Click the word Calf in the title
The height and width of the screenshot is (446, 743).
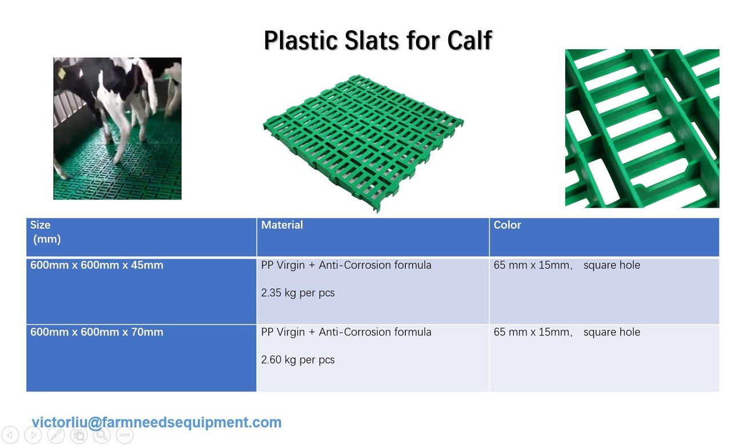click(469, 41)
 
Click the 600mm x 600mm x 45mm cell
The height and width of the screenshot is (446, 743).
click(141, 291)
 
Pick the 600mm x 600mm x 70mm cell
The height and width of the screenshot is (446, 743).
click(141, 358)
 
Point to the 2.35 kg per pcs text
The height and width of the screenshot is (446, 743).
click(298, 293)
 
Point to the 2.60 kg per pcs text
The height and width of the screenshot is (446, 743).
click(298, 360)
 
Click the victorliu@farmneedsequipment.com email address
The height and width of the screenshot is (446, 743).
click(157, 423)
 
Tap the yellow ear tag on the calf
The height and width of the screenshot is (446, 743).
click(62, 73)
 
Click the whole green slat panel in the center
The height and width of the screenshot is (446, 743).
click(363, 143)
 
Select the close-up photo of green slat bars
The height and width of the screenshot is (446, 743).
click(642, 129)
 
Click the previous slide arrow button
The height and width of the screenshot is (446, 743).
click(10, 435)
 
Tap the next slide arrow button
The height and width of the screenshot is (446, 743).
click(33, 435)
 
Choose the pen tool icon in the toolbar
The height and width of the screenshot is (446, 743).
click(56, 435)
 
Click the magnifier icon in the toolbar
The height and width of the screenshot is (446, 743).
click(102, 435)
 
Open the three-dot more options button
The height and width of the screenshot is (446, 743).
click(125, 435)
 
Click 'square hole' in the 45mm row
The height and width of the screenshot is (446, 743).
click(612, 265)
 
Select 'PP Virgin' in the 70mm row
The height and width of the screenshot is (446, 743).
click(282, 332)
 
